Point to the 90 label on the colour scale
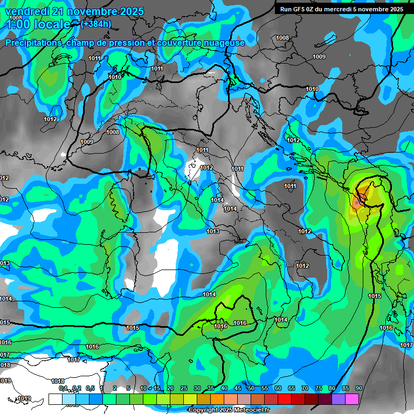pos(358,388)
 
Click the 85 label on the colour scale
pos(345,388)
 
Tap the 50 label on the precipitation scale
pos(251,388)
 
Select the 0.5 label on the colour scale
pos(90,388)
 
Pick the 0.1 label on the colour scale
pos(63,388)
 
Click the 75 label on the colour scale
pos(318,388)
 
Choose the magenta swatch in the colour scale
pos(352,399)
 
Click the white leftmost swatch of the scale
pos(55,399)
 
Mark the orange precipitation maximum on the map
pos(358,202)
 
